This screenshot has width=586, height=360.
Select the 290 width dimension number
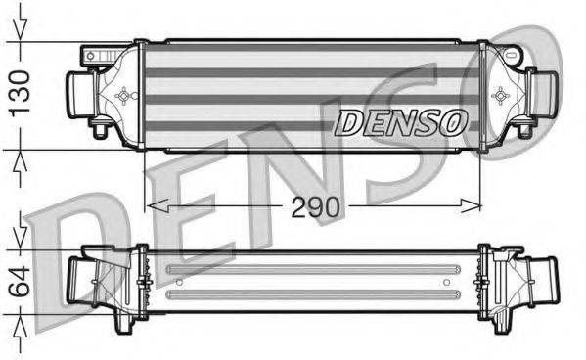pyautogui.click(x=313, y=206)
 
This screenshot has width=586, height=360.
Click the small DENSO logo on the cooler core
pyautogui.click(x=401, y=122)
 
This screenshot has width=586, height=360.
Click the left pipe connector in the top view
pyautogui.click(x=78, y=94)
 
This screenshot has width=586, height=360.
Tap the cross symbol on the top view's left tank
pyautogui.click(x=123, y=96)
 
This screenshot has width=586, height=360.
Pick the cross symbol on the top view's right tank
pyautogui.click(x=500, y=96)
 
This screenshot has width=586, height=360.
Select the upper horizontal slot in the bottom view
pyautogui.click(x=313, y=271)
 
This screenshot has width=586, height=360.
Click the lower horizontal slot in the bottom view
pyautogui.click(x=313, y=292)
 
